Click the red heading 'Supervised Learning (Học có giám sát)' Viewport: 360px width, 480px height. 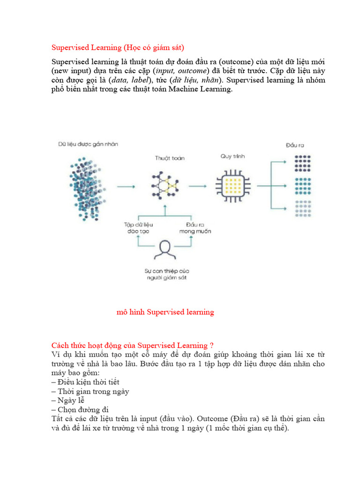click(118, 47)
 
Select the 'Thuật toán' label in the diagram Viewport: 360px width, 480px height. click(170, 158)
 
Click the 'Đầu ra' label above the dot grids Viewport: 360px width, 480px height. click(295, 146)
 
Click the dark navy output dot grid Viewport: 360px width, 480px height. click(302, 163)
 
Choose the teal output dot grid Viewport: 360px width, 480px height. click(302, 186)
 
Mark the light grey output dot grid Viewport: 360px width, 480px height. click(302, 209)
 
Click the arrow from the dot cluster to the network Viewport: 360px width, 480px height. click(126, 187)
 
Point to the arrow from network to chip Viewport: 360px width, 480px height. click(197, 186)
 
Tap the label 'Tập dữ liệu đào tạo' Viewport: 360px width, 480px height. click(138, 228)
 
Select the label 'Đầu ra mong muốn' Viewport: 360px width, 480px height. click(195, 228)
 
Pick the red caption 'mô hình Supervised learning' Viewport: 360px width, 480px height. click(165, 312)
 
